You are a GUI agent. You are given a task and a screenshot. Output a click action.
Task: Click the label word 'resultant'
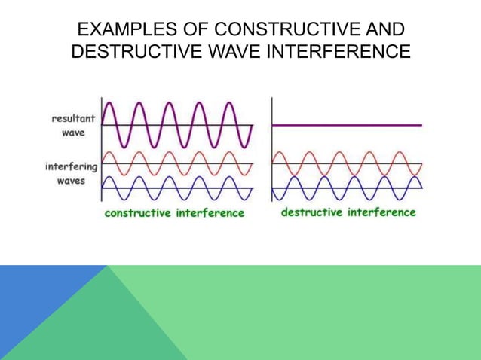[x=72, y=118]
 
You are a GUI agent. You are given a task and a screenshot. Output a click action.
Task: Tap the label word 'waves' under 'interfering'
[x=73, y=182]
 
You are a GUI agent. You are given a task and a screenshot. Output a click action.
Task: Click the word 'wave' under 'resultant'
[x=73, y=133]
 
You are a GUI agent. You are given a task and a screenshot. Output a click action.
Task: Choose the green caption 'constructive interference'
[x=174, y=213]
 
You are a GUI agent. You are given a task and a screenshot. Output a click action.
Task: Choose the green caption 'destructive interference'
[x=348, y=212]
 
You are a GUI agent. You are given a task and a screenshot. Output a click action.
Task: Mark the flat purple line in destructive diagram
[x=347, y=125]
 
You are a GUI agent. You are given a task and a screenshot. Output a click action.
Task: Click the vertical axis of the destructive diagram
[x=271, y=151]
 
